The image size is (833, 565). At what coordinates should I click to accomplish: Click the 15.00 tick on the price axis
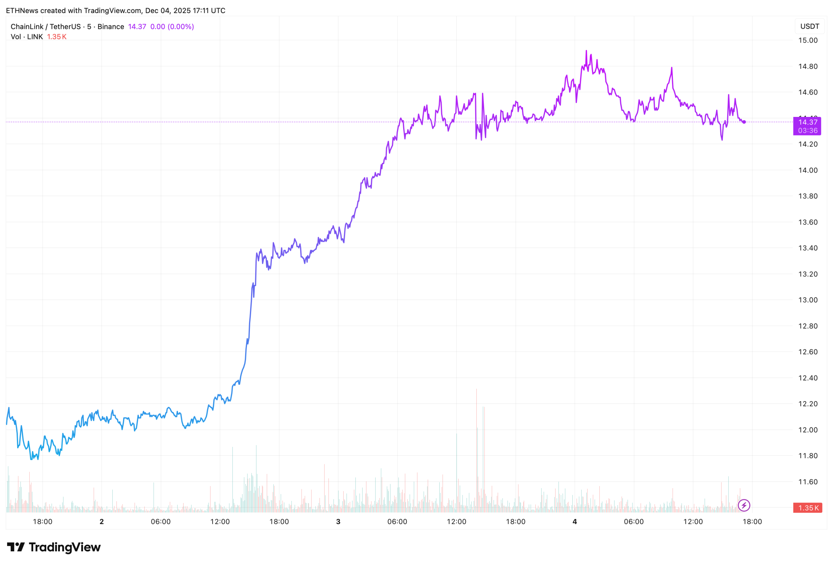(808, 40)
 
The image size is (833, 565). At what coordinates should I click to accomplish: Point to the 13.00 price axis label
(808, 300)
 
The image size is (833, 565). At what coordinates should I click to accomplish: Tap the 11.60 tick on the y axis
(808, 482)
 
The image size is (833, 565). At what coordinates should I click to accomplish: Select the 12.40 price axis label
(808, 378)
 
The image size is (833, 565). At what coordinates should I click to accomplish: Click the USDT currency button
(809, 26)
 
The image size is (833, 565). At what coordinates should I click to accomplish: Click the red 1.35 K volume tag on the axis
(807, 508)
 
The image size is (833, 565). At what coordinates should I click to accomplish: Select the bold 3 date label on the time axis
(338, 522)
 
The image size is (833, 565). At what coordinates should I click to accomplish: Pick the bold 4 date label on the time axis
(575, 522)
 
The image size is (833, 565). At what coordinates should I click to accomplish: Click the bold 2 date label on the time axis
(102, 522)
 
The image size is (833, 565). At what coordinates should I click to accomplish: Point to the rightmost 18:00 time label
(752, 522)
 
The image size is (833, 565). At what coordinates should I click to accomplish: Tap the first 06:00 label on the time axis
(160, 522)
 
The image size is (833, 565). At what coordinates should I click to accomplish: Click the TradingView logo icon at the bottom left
(16, 547)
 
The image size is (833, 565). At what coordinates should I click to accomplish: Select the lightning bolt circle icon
(744, 505)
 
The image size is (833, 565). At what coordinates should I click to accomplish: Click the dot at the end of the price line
(744, 122)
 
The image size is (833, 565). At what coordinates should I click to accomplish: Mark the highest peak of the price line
(586, 51)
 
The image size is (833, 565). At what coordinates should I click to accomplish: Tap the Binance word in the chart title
(111, 27)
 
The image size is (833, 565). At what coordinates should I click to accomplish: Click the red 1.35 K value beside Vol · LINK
(57, 36)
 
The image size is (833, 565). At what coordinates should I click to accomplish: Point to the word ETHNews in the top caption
(22, 10)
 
